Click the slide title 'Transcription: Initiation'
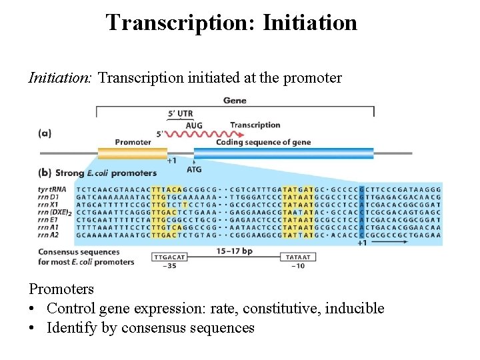231,22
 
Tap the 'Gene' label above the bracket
235,101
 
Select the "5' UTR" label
180,113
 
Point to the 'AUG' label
194,125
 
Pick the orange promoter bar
132,153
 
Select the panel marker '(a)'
45,133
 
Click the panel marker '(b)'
45,173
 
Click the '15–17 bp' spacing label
233,251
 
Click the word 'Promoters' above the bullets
61,289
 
